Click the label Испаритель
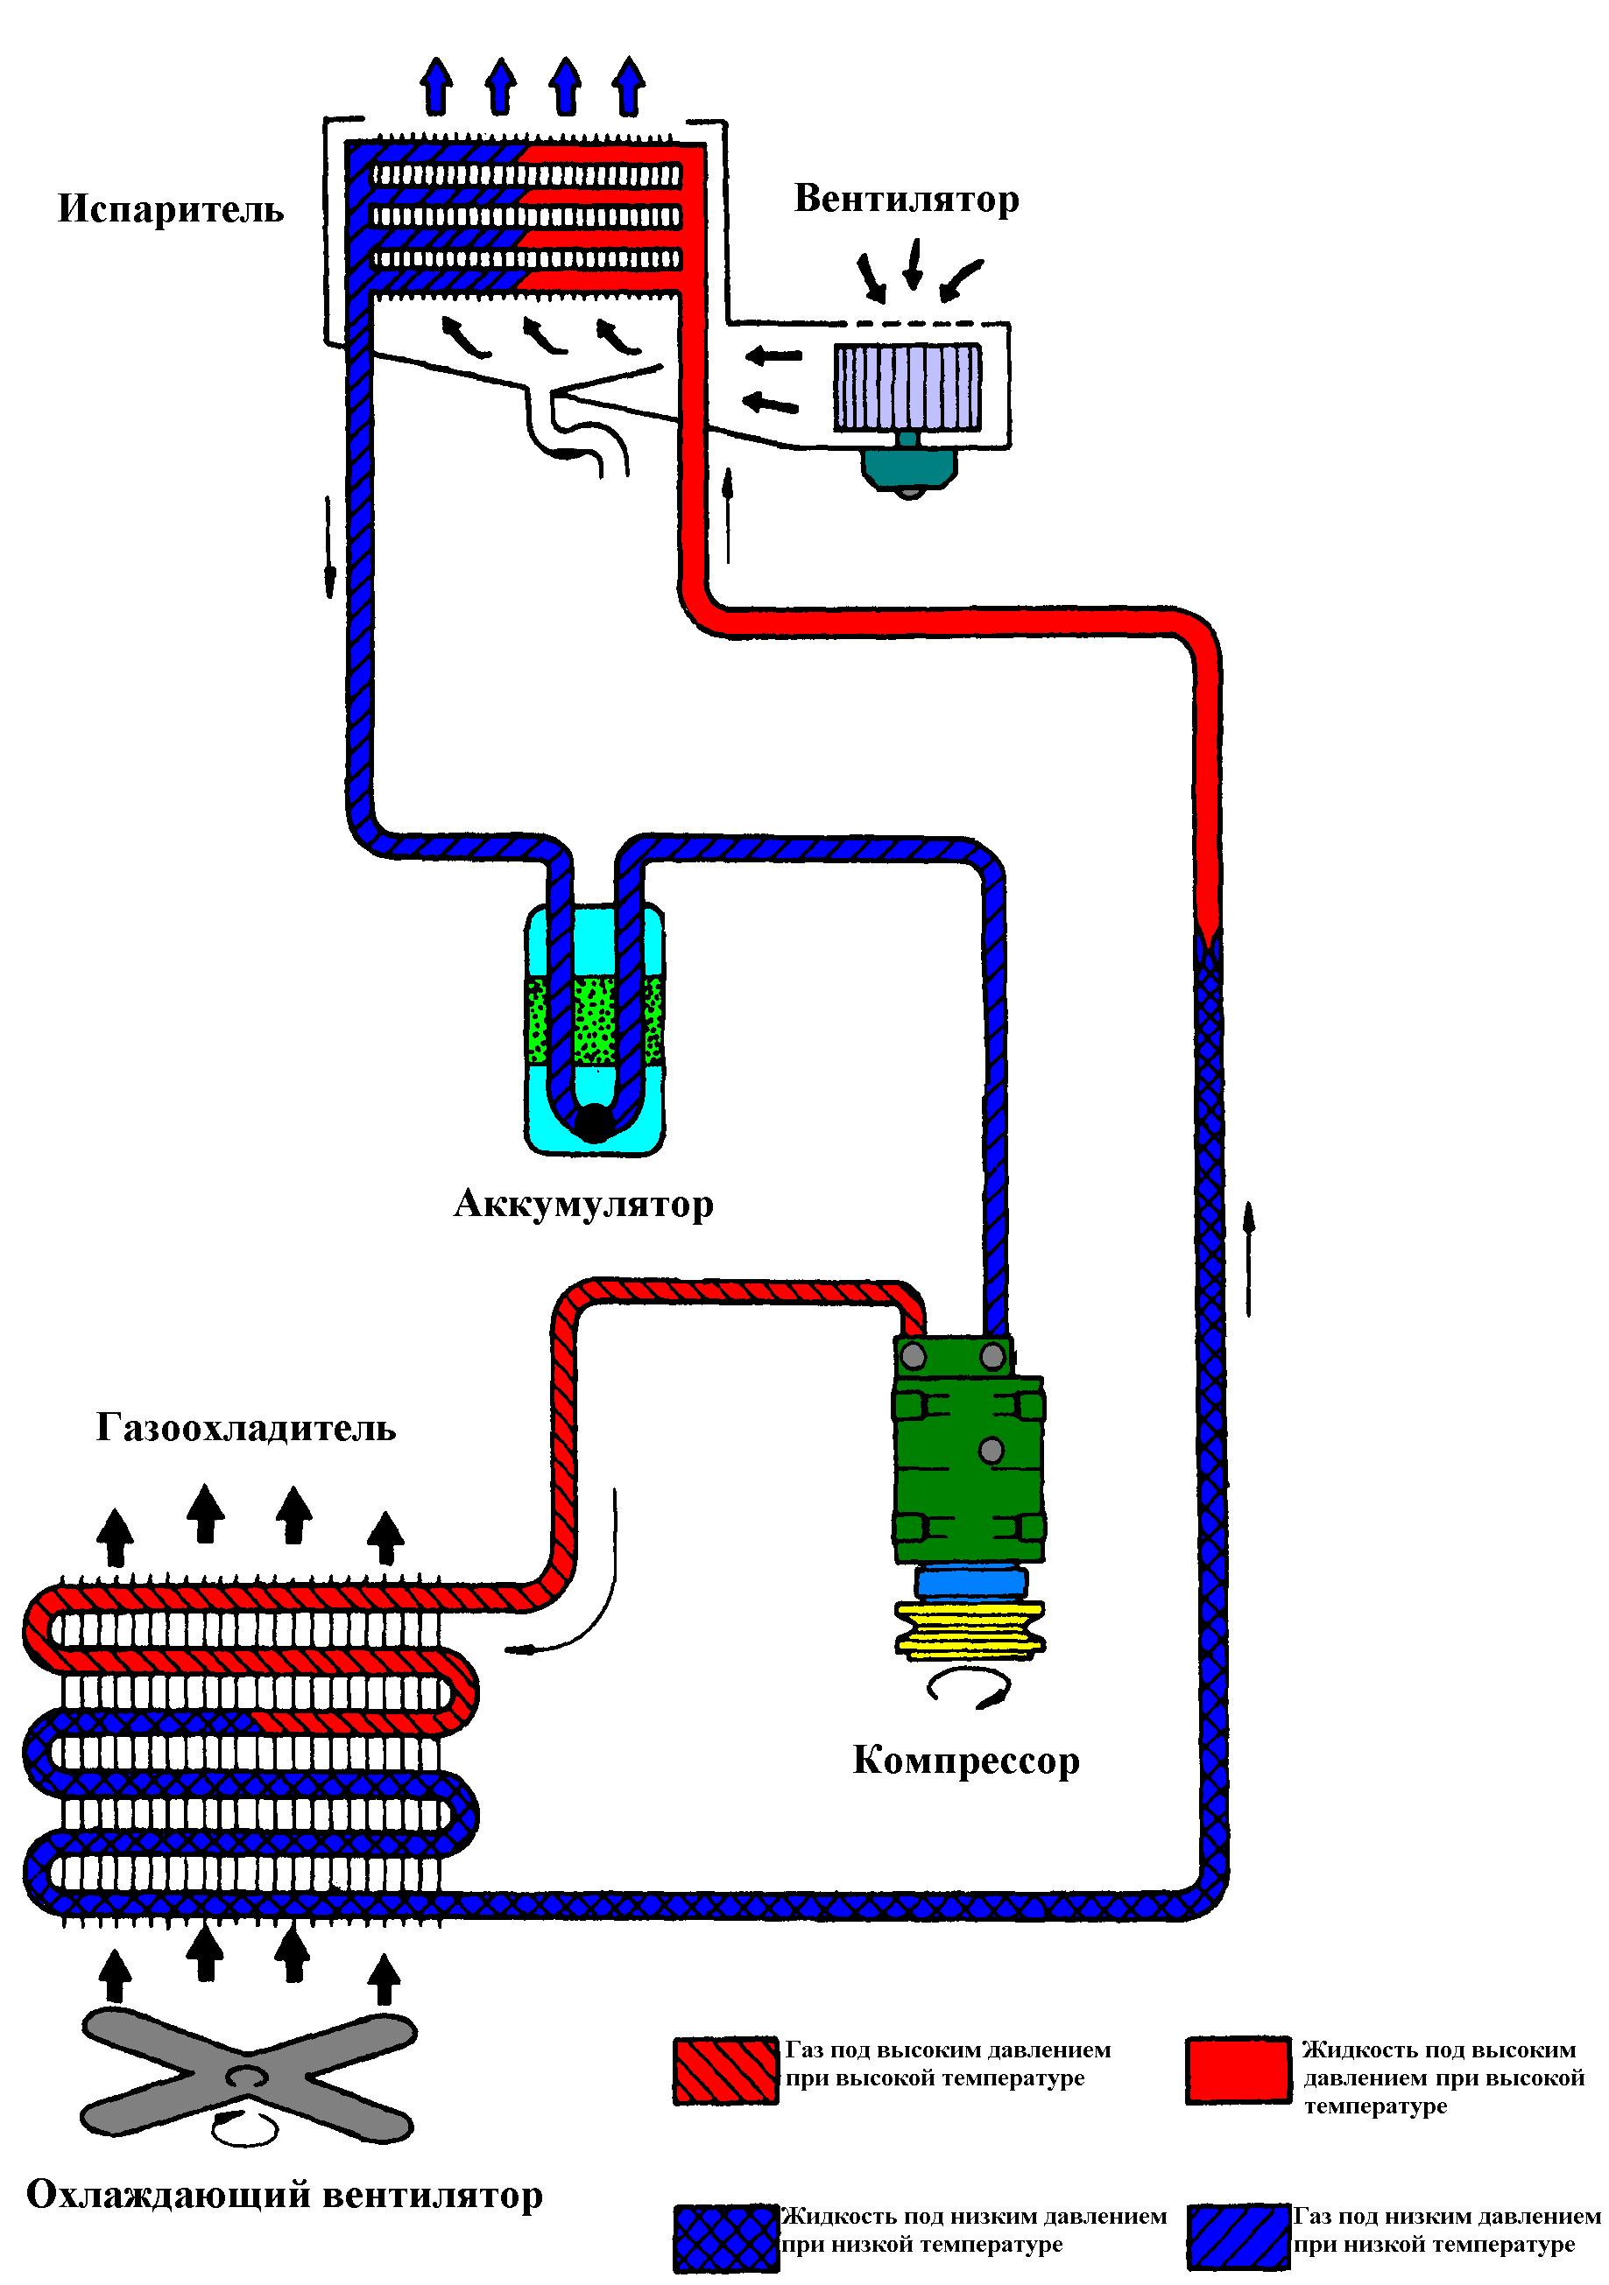point(170,210)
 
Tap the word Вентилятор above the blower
point(906,200)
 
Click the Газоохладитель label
point(246,1428)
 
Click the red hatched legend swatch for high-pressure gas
point(726,2070)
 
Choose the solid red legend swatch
point(1238,2070)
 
